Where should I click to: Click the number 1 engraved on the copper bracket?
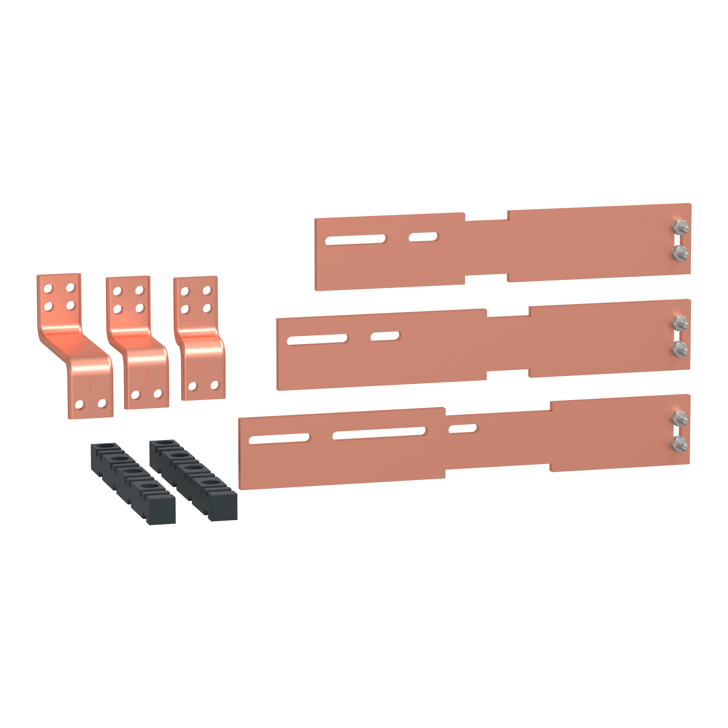pyautogui.click(x=90, y=385)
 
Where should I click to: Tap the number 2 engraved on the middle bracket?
pyautogui.click(x=146, y=376)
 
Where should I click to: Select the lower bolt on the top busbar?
pyautogui.click(x=680, y=253)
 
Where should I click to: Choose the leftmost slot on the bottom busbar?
pyautogui.click(x=279, y=439)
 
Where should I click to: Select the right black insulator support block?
pyautogui.click(x=193, y=480)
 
